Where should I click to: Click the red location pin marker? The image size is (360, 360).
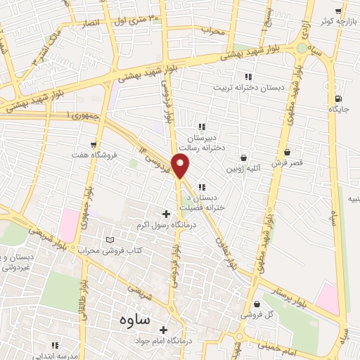[x=181, y=167]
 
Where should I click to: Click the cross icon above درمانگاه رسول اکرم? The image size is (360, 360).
[x=167, y=214]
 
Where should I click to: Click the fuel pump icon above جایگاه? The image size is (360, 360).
[x=340, y=98]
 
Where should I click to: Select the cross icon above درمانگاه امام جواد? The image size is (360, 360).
[x=164, y=329]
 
